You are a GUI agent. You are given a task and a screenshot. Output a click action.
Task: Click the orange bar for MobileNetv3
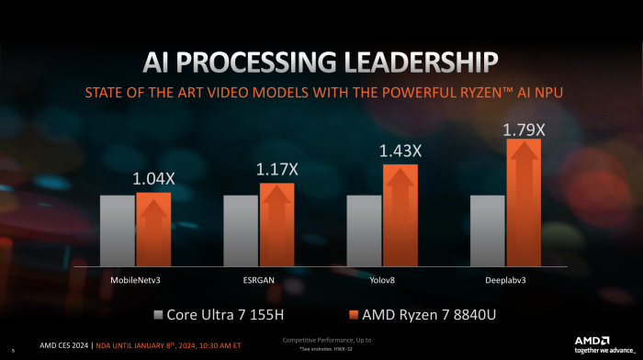click(x=153, y=230)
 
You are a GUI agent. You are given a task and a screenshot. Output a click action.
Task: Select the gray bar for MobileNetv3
click(x=118, y=231)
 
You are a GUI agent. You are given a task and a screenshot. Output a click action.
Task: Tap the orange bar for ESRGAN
click(x=276, y=225)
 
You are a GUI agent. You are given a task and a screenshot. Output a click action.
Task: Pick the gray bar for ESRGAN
click(x=241, y=231)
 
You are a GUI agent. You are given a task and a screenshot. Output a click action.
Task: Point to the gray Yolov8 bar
click(x=364, y=231)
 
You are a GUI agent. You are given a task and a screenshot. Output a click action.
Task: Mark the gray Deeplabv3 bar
click(x=488, y=231)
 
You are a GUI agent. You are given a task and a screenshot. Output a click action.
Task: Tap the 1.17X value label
click(x=276, y=169)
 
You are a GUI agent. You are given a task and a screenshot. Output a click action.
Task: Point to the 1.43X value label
click(x=400, y=150)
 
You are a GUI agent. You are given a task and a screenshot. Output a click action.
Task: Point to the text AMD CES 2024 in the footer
click(x=64, y=345)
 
